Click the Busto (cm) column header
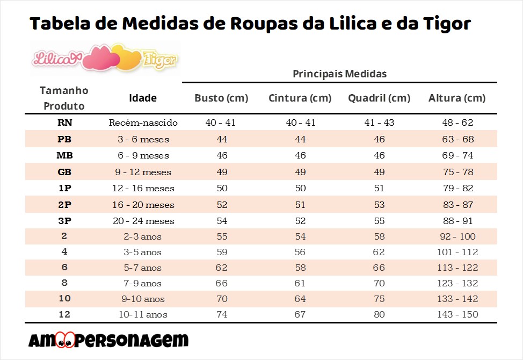[x=221, y=98]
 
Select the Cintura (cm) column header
[x=300, y=98]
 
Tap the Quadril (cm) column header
[x=379, y=98]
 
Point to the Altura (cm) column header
[x=457, y=98]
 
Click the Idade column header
[x=143, y=98]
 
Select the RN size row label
[x=64, y=123]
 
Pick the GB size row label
[x=64, y=172]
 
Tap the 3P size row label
[x=64, y=221]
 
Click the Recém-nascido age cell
[x=143, y=123]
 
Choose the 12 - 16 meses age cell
[x=143, y=189]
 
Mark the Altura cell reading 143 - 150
[x=457, y=315]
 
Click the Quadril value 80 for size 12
[x=379, y=315]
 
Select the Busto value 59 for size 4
[x=221, y=252]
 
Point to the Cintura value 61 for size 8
[x=300, y=283]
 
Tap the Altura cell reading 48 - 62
[x=457, y=123]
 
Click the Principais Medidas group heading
[x=339, y=74]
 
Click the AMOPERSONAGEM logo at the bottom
[x=108, y=340]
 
